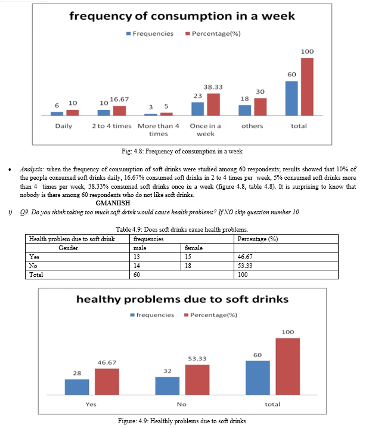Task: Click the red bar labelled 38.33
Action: [x=213, y=104]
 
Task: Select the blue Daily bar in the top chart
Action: [x=57, y=114]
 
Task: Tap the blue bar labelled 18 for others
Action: [x=245, y=110]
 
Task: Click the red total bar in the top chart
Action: [x=307, y=87]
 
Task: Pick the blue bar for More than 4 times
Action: [x=151, y=115]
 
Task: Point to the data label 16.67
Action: [x=119, y=99]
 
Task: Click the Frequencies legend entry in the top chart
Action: [x=150, y=33]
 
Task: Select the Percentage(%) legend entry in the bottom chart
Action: [x=210, y=315]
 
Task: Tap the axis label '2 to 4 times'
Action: [x=111, y=126]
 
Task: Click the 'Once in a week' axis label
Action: [x=206, y=130]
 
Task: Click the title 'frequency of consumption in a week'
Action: [x=182, y=16]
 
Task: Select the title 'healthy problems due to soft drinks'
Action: [x=182, y=299]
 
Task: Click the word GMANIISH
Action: [x=113, y=203]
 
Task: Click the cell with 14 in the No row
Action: [x=156, y=266]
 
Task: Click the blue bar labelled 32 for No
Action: [x=168, y=386]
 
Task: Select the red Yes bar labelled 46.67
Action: [x=107, y=381]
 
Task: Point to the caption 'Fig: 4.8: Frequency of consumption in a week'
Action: [x=182, y=152]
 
